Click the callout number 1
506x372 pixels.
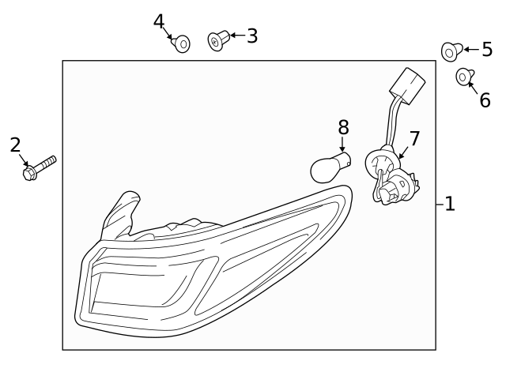[x=450, y=204]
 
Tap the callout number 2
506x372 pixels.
[x=15, y=145]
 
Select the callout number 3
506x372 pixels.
[x=252, y=36]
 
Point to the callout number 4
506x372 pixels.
[x=159, y=21]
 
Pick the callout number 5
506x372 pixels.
[x=487, y=49]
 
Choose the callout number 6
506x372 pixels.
[x=485, y=100]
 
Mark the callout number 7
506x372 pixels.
[x=414, y=138]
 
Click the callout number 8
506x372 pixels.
[x=343, y=127]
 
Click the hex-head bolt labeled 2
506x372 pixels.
[x=40, y=167]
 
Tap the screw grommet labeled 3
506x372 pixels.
[x=218, y=40]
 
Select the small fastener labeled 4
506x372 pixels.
[x=181, y=44]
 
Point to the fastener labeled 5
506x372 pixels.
[x=451, y=51]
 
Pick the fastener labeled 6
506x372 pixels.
[x=465, y=77]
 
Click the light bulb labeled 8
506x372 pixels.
[x=330, y=167]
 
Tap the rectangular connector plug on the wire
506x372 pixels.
[x=407, y=86]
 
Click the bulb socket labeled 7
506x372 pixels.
[x=391, y=175]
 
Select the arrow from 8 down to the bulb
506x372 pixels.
[x=342, y=144]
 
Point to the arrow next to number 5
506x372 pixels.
[x=471, y=49]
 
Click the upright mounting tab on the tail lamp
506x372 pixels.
[x=122, y=213]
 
